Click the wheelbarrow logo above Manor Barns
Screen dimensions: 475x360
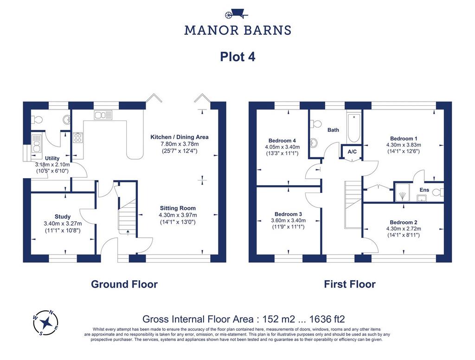[x=237, y=14]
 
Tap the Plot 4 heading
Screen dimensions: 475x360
[x=237, y=57]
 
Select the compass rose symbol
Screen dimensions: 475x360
[x=45, y=323]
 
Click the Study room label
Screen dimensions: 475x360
[x=63, y=216]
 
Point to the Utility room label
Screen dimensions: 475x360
[x=52, y=158]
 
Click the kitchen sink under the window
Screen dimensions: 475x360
[x=103, y=115]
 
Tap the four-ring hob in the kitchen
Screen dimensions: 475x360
[x=77, y=138]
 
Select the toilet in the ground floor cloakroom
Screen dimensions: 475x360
[x=37, y=120]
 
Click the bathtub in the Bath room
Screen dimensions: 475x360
[x=353, y=128]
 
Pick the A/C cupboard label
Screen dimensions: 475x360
[x=352, y=152]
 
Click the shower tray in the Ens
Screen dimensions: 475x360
[x=402, y=192]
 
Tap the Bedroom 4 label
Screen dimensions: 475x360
[x=282, y=141]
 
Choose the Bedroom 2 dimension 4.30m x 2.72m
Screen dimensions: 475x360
[x=404, y=229]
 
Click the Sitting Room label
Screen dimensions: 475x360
[x=178, y=208]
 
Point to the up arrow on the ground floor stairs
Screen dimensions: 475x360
[x=128, y=232]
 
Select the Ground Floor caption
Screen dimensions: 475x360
[x=124, y=284]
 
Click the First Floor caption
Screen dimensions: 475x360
[x=350, y=284]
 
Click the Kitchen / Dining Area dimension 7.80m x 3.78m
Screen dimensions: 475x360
[x=180, y=144]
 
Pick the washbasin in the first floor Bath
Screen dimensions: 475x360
[x=314, y=142]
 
